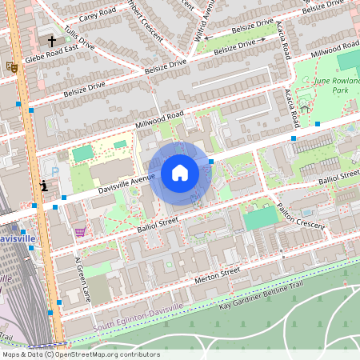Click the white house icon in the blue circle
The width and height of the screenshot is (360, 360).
tap(180, 173)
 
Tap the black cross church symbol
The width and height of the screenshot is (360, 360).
tap(52, 39)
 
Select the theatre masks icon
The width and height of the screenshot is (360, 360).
tap(11, 67)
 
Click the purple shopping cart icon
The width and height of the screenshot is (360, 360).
tap(79, 232)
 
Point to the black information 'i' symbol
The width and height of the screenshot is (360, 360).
tap(43, 186)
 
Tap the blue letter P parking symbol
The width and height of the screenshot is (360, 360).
tap(54, 170)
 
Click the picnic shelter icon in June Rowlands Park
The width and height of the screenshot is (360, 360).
tap(304, 109)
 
